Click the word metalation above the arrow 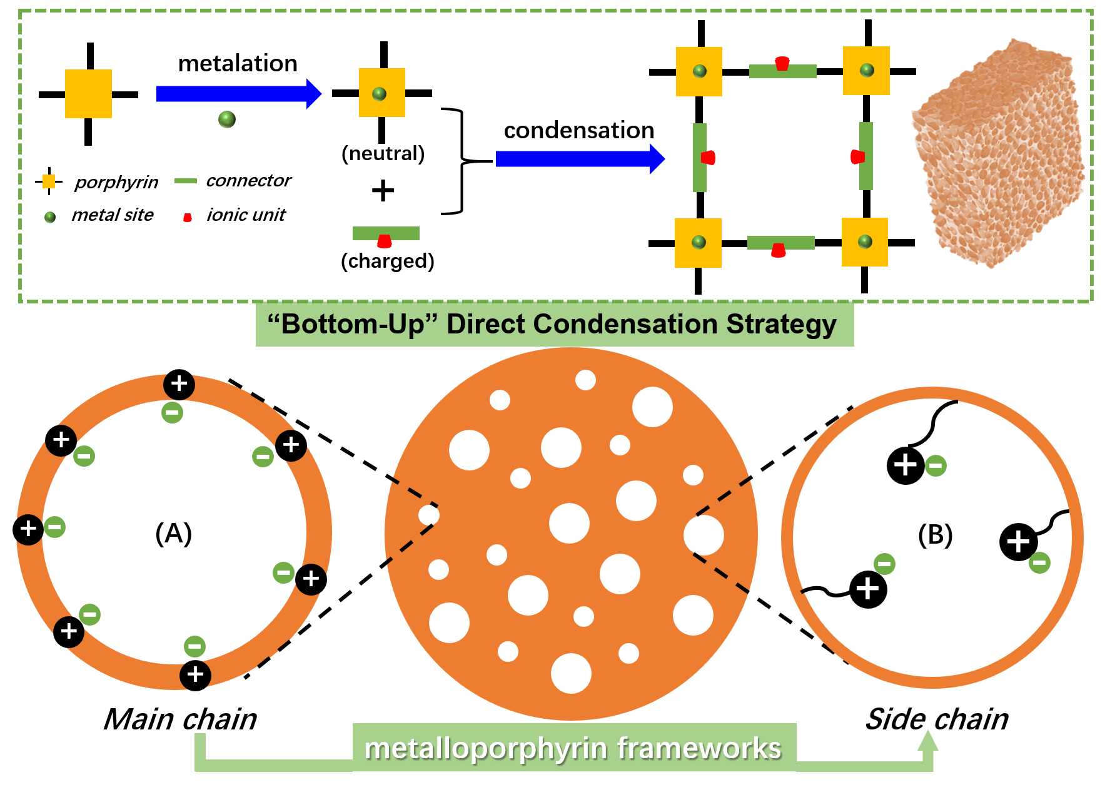(x=238, y=64)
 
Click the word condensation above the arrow (x=579, y=130)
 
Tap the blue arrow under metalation (x=239, y=94)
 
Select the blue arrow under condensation (x=580, y=159)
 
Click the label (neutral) (x=383, y=153)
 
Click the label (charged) (x=388, y=261)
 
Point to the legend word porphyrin (x=116, y=182)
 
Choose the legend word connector (x=248, y=180)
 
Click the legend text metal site (x=113, y=215)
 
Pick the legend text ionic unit (x=246, y=215)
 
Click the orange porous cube (x=998, y=154)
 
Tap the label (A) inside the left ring (x=173, y=534)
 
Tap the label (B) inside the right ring (x=935, y=535)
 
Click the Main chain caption (x=180, y=719)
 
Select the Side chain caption (x=937, y=719)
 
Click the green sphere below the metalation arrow (x=227, y=119)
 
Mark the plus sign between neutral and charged (x=383, y=190)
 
